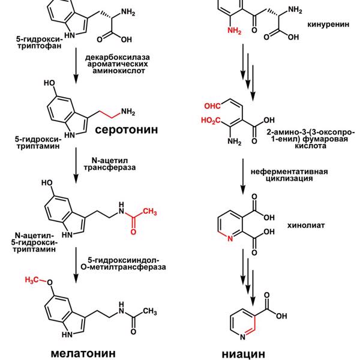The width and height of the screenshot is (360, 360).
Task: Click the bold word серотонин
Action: [x=126, y=130]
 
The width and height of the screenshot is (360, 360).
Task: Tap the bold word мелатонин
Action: [x=83, y=353]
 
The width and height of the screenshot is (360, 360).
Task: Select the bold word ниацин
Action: [x=244, y=354]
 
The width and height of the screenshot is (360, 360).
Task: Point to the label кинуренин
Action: [x=328, y=25]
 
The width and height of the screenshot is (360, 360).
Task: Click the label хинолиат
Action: [x=306, y=226]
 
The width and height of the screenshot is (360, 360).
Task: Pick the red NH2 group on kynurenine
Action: [x=235, y=31]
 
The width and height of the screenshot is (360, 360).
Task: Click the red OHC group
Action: [x=212, y=106]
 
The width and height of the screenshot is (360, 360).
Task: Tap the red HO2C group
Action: [x=211, y=121]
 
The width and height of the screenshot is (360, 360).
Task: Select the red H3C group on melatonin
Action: [x=32, y=280]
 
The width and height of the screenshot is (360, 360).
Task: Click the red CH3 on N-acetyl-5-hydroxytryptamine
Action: [x=149, y=211]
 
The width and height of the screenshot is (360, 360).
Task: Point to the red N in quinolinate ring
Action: [x=230, y=239]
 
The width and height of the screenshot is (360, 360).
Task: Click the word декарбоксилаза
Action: [x=118, y=57]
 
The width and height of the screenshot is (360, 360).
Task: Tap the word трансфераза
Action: [x=110, y=167]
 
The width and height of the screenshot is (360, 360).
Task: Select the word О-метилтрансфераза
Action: [x=123, y=267]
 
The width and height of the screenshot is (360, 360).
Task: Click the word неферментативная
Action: [x=289, y=172]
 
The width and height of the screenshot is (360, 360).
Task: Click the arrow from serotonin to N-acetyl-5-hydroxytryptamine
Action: [x=76, y=166]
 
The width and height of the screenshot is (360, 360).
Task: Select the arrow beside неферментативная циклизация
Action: [x=243, y=176]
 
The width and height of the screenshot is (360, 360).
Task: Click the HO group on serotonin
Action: [x=49, y=83]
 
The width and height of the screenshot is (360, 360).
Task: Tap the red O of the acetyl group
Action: [x=133, y=232]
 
